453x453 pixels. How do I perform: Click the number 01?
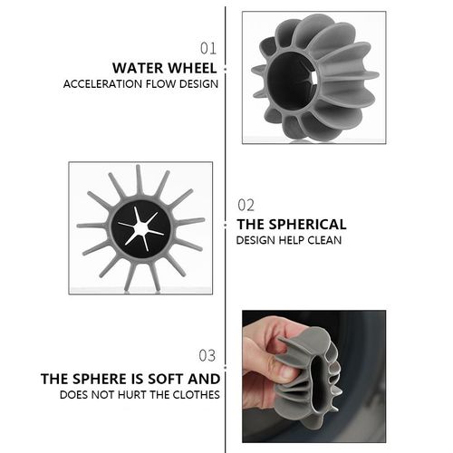pyautogui.click(x=208, y=48)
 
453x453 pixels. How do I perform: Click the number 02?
pyautogui.click(x=246, y=205)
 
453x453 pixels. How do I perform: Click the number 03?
pyautogui.click(x=207, y=355)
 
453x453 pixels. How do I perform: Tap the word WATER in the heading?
pyautogui.click(x=138, y=68)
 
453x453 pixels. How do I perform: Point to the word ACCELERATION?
pyautogui.click(x=103, y=84)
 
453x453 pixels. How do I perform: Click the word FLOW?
pyautogui.click(x=161, y=84)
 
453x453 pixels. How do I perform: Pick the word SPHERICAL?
pyautogui.click(x=307, y=225)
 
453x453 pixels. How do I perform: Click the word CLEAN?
pyautogui.click(x=324, y=240)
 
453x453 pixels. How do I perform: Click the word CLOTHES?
pyautogui.click(x=196, y=395)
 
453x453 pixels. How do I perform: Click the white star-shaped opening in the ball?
pyautogui.click(x=140, y=228)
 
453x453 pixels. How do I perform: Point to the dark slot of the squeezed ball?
pyautogui.click(x=319, y=383)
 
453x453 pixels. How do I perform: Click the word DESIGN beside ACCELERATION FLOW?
pyautogui.click(x=198, y=84)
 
